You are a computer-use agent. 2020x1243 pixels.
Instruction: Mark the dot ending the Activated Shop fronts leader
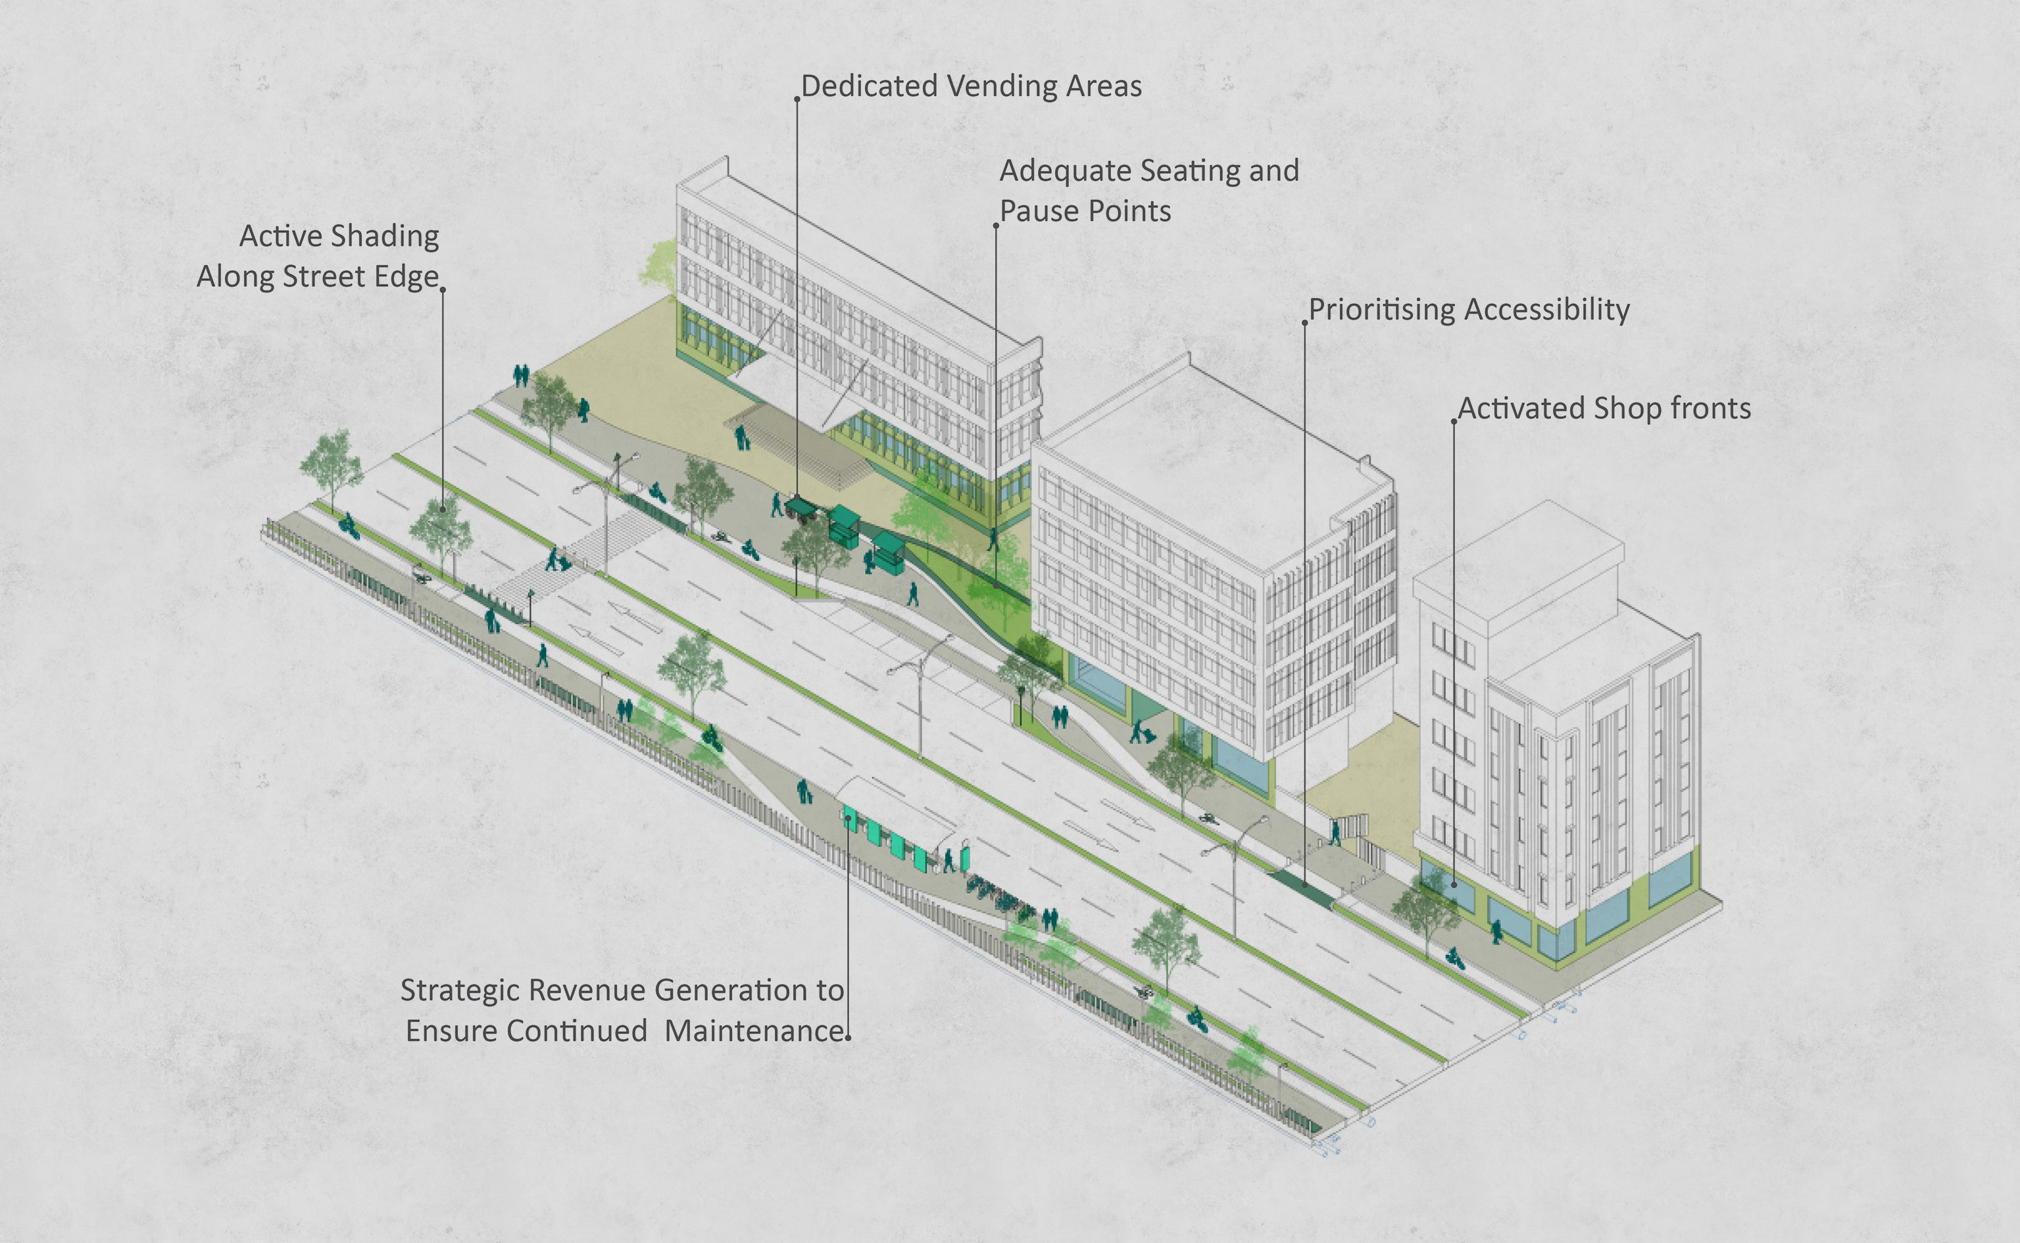tap(1454, 885)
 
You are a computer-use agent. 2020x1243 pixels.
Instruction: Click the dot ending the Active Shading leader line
tap(443, 510)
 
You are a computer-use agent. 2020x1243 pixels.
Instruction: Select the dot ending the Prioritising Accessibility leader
tap(1305, 885)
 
